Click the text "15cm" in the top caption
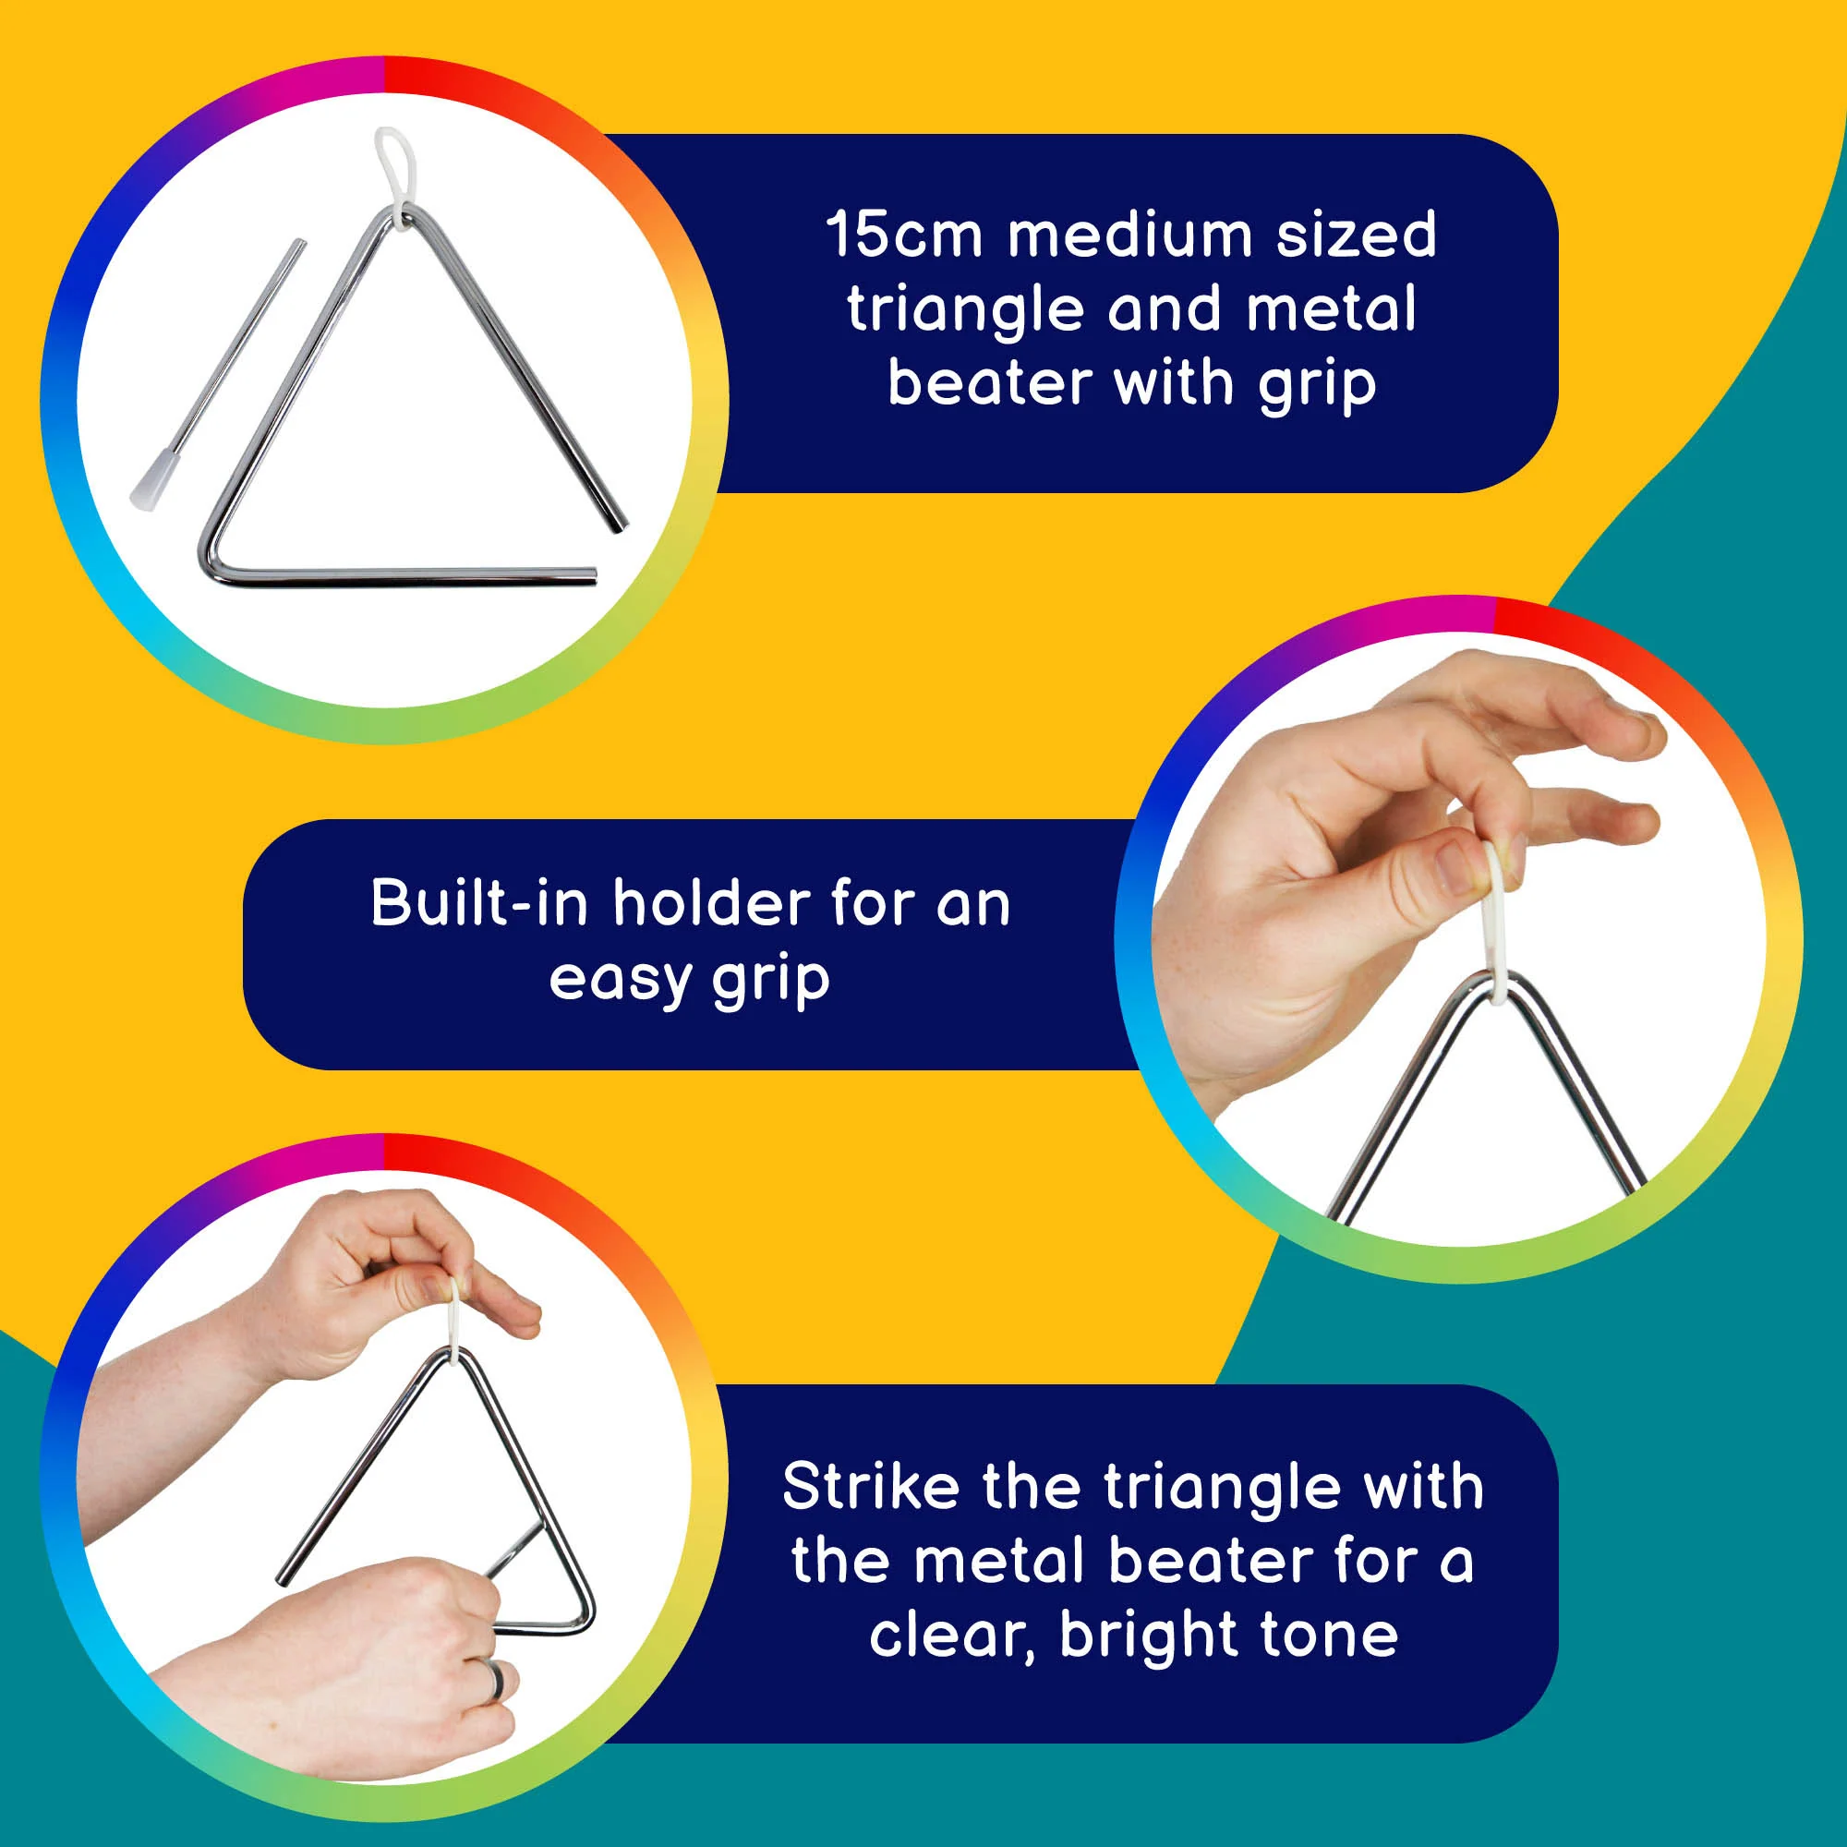point(903,235)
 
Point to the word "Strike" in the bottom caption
point(871,1487)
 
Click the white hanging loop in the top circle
point(396,172)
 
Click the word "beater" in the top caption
point(990,383)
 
